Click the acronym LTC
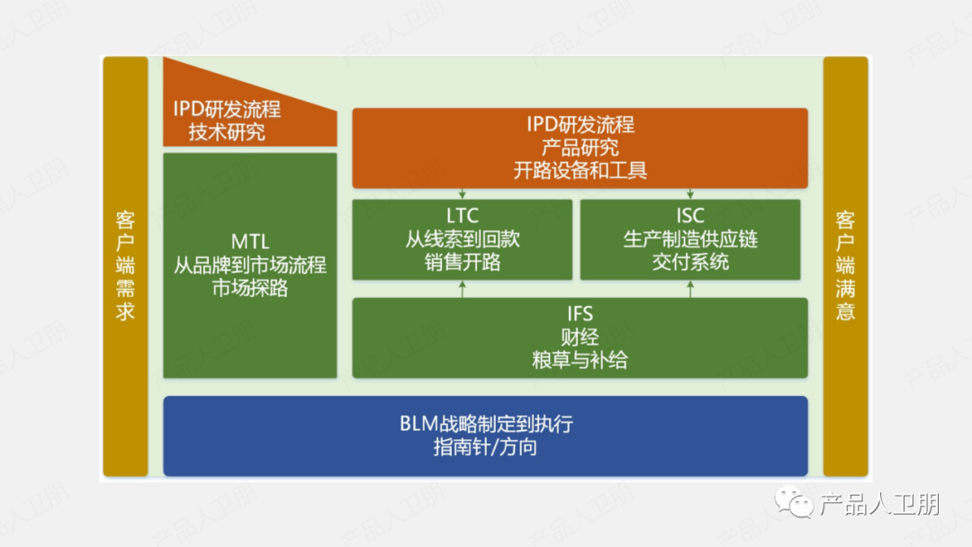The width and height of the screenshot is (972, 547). click(462, 216)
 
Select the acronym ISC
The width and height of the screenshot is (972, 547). click(690, 216)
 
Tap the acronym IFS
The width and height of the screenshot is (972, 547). click(580, 314)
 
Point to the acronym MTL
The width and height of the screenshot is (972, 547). click(250, 242)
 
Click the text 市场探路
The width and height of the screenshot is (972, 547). click(250, 289)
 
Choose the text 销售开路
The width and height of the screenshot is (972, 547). click(462, 263)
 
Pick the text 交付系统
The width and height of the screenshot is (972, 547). click(690, 263)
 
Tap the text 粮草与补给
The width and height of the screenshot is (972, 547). click(580, 361)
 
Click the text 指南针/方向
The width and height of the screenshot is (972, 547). click(485, 447)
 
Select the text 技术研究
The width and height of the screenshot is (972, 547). click(227, 133)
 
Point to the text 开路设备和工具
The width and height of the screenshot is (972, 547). click(580, 170)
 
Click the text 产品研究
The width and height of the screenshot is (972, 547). click(580, 148)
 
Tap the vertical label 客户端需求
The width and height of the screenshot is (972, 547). click(125, 266)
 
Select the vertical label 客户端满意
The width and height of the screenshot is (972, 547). click(845, 266)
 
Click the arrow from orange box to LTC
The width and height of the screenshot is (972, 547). click(462, 193)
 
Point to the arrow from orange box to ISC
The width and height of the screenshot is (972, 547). click(690, 193)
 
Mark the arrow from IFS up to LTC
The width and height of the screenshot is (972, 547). click(462, 289)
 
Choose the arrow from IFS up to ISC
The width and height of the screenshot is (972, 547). click(690, 289)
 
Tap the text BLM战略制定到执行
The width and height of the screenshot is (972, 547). click(485, 424)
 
